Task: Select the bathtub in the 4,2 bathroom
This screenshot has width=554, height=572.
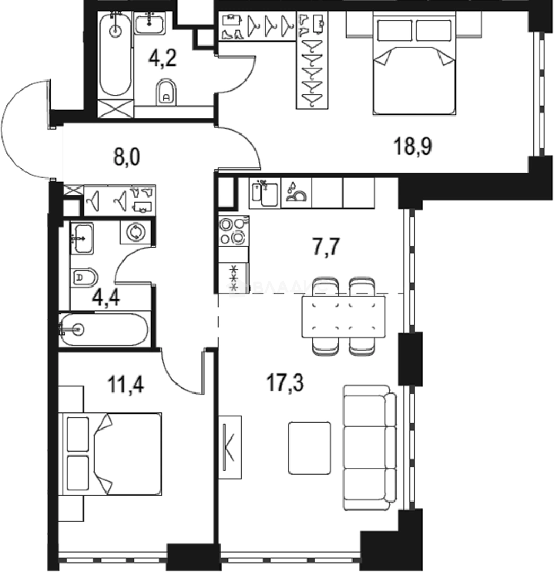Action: pos(115,56)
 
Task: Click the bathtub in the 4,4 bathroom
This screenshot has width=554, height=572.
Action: pos(104,329)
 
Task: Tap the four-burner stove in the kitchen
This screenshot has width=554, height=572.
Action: pos(233,231)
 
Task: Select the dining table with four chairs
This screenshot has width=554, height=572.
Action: pos(344,316)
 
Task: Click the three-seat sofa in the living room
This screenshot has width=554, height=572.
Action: pos(369,448)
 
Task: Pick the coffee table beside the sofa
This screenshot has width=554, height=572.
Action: pos(310,448)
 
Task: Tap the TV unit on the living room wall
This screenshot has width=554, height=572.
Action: pos(230,448)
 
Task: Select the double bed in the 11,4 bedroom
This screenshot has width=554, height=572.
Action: pos(112,454)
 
